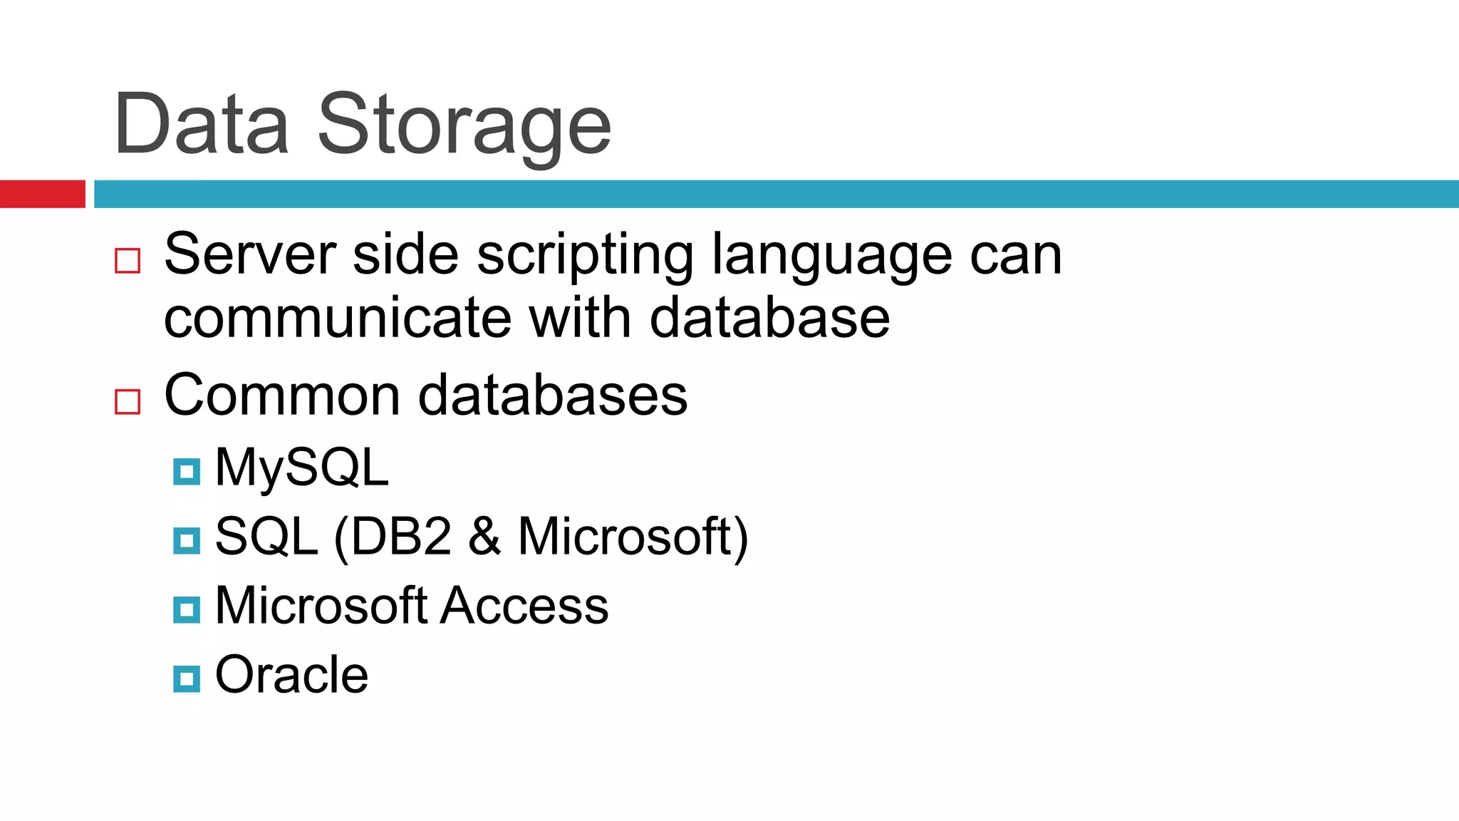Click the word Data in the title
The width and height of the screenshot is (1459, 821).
coord(202,124)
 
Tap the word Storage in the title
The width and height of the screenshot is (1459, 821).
coord(464,126)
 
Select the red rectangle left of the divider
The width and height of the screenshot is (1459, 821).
coord(42,194)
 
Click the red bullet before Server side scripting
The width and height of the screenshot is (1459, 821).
coord(128,261)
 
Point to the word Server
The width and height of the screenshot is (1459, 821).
coord(250,254)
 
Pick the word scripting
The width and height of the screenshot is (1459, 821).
coord(585,257)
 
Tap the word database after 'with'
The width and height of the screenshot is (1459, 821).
coord(769,318)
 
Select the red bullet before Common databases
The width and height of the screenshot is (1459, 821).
coord(128,402)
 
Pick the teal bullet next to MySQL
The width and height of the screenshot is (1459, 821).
coord(187,472)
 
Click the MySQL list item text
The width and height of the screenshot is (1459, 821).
coord(302,468)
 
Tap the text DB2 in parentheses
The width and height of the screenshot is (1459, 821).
coord(401,537)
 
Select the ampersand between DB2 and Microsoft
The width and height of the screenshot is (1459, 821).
coord(484,537)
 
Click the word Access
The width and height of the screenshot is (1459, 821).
coord(524,606)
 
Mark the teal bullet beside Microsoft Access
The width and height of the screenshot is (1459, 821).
coord(187,610)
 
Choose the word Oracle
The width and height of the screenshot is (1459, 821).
coord(291,674)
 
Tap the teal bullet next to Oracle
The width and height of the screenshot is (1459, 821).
coord(187,679)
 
